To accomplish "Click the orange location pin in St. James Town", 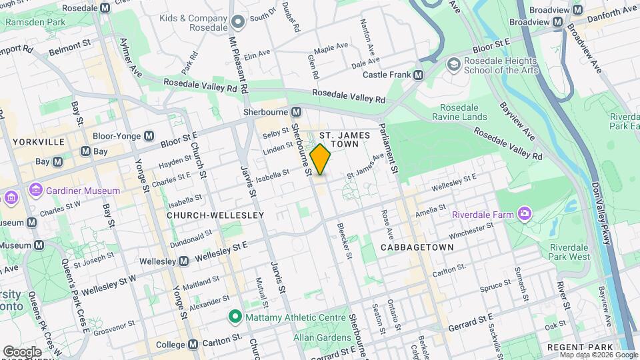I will click(321, 159).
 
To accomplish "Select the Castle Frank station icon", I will click(419, 75).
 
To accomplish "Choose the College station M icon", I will click(193, 345).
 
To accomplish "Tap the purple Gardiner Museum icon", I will click(35, 191).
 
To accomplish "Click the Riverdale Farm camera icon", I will click(525, 214).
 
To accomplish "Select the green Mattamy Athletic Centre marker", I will click(235, 316).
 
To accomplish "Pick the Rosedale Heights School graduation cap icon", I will click(454, 64).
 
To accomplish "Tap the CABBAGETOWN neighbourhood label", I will click(417, 247).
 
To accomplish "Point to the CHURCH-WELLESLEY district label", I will click(206, 215).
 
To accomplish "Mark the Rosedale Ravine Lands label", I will click(463, 112).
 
